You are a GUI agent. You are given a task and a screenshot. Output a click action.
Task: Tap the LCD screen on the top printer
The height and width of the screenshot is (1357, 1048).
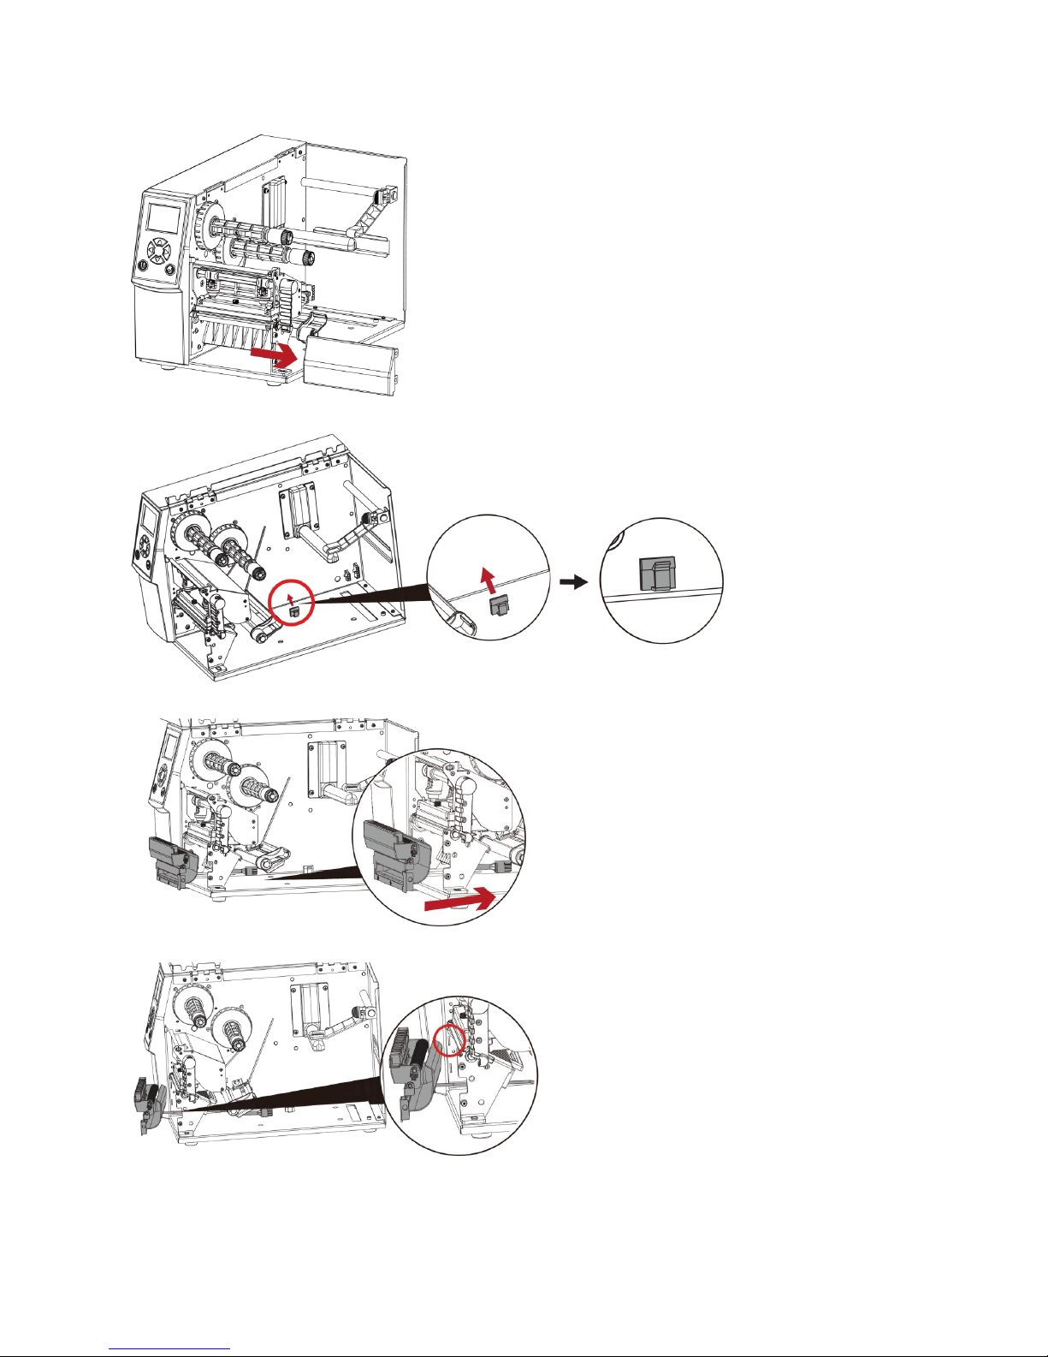click(164, 217)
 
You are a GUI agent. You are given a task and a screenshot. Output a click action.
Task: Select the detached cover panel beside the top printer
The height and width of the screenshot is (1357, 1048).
click(351, 365)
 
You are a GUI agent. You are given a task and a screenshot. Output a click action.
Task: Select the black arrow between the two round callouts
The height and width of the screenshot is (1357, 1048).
click(573, 582)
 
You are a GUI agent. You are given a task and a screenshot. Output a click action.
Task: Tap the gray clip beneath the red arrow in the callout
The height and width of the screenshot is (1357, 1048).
click(499, 606)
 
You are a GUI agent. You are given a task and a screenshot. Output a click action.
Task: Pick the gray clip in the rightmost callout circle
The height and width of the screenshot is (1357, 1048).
click(656, 574)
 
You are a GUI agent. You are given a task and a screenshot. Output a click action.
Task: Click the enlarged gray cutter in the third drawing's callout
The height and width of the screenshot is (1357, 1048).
click(397, 856)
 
